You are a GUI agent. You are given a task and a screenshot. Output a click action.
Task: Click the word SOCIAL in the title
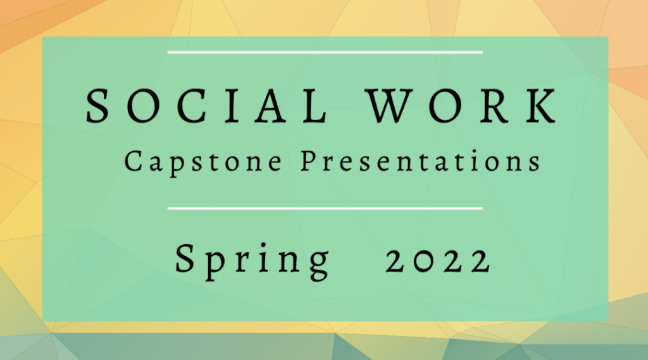[x=207, y=106]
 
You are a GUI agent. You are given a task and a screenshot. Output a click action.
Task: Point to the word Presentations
[x=421, y=161]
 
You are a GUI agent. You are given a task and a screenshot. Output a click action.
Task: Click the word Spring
[x=252, y=261]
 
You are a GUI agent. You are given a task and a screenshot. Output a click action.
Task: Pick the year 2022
[x=439, y=261]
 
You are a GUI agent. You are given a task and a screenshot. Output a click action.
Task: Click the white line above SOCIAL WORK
[x=325, y=53]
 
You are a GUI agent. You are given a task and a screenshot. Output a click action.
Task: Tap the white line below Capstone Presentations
[x=325, y=209]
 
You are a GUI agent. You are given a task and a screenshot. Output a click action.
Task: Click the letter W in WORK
[x=391, y=106]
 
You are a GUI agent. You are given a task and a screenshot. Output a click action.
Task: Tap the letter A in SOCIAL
[x=271, y=106]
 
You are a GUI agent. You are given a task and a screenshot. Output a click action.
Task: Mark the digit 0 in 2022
[x=423, y=261]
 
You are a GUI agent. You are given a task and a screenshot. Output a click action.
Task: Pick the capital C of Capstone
[x=133, y=161]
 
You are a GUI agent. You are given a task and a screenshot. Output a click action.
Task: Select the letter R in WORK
[x=495, y=106]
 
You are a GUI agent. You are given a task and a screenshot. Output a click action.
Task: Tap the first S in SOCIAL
[x=97, y=106]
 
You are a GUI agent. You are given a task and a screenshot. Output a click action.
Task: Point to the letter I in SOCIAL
[x=233, y=106]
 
